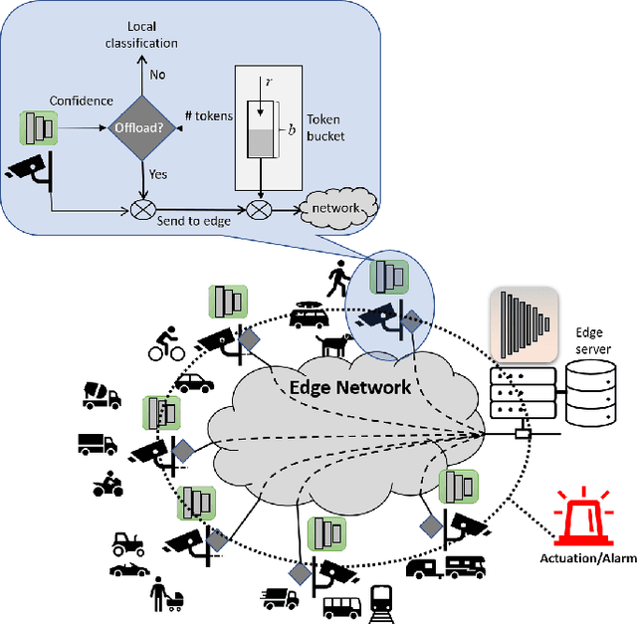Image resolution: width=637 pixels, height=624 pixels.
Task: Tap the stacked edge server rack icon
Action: pyautogui.click(x=519, y=390)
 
